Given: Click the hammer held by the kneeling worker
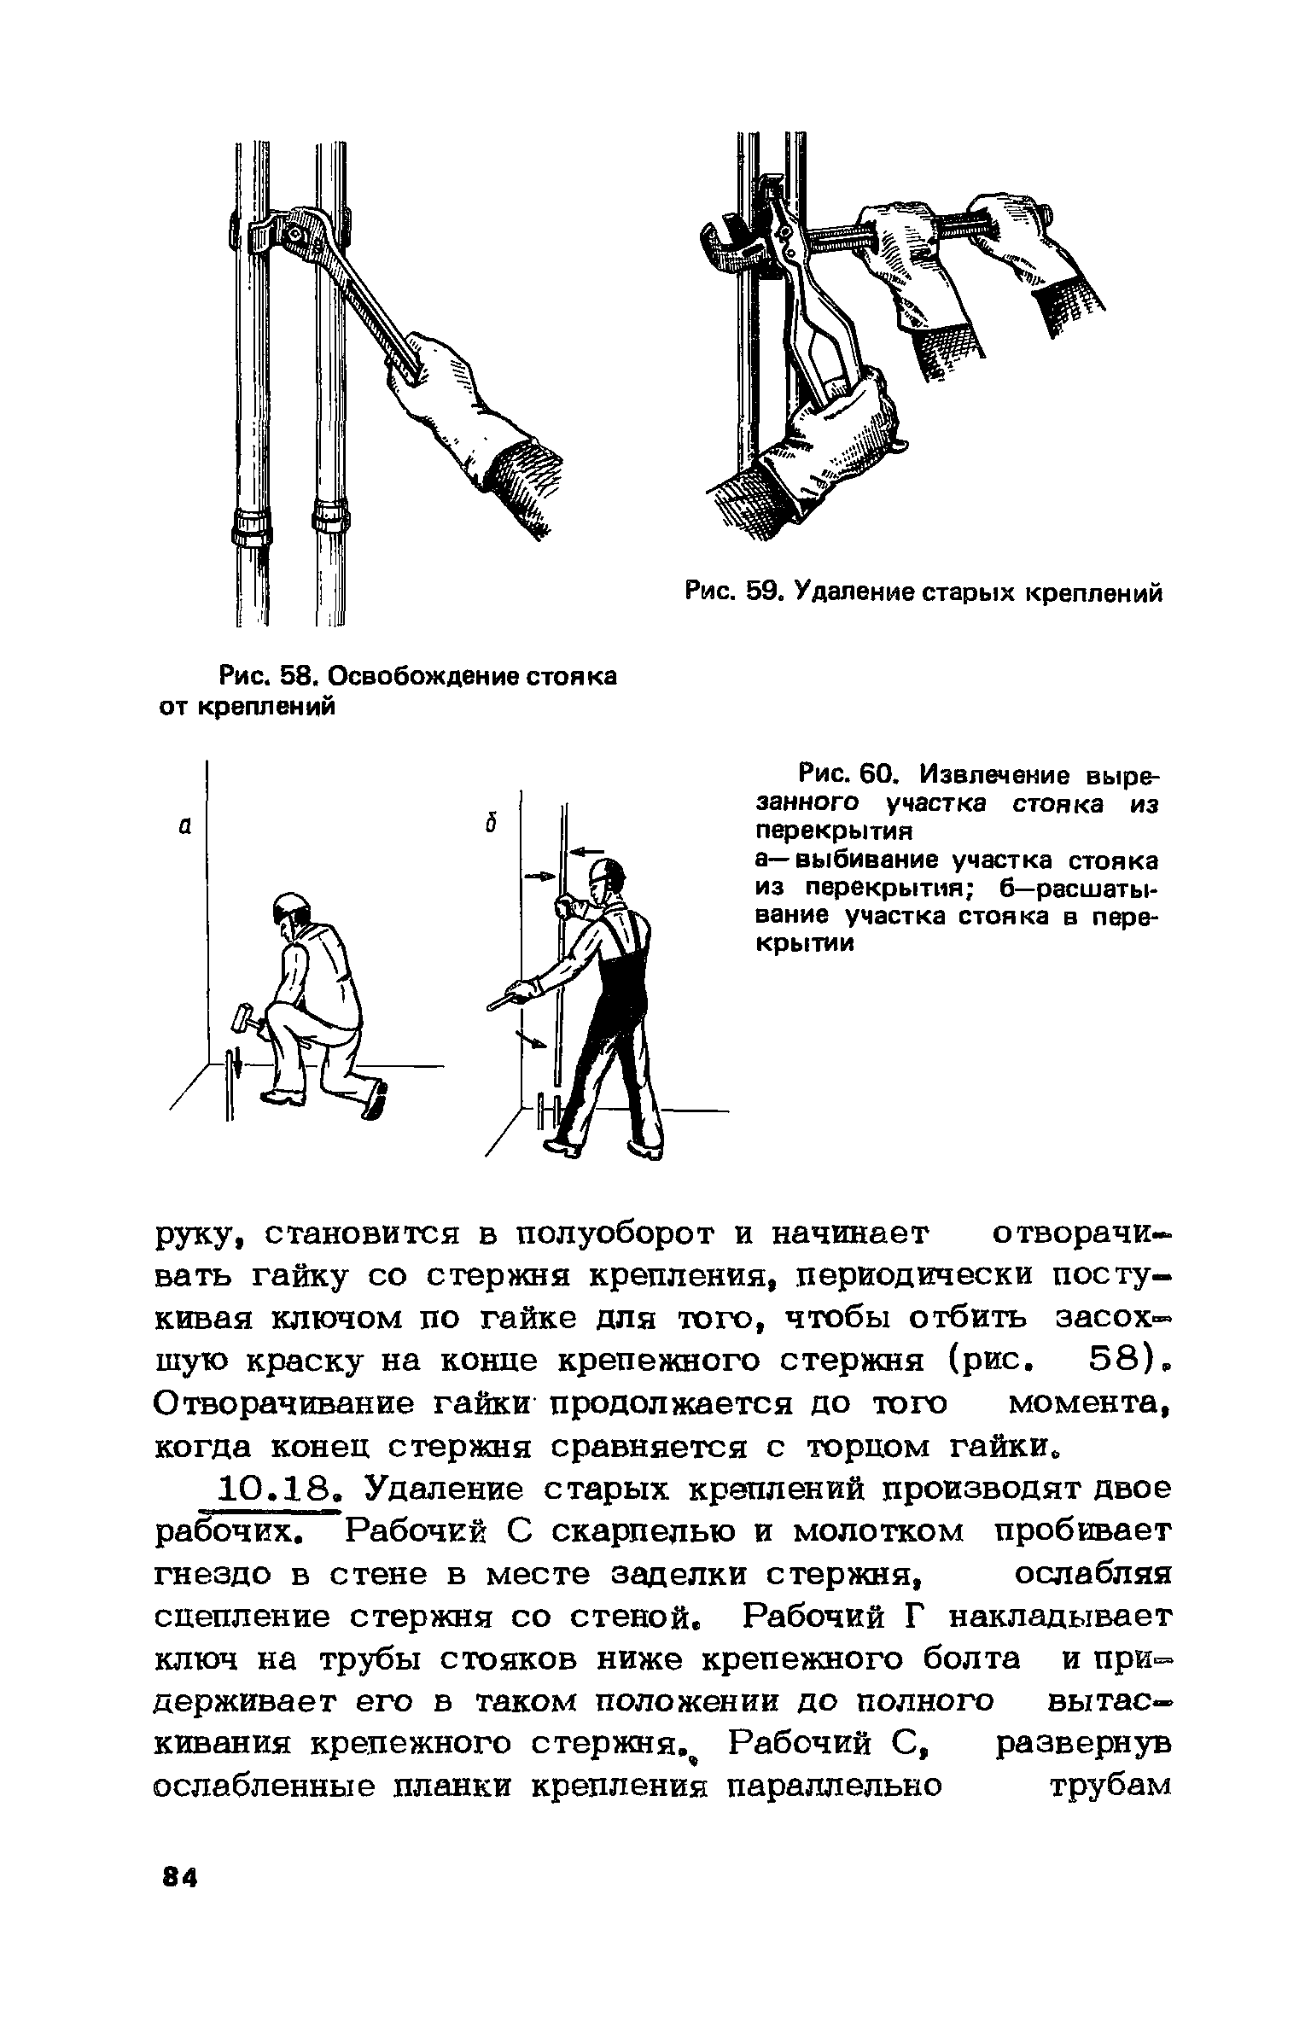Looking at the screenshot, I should [242, 1018].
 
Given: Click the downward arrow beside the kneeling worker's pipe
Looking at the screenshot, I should [239, 1068].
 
